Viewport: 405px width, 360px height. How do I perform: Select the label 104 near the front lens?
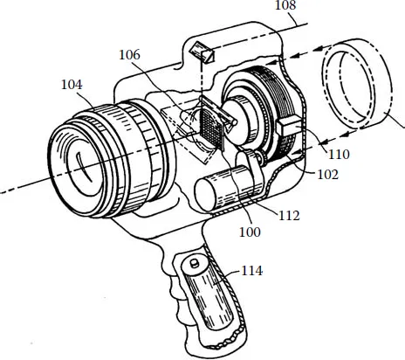tap(73, 85)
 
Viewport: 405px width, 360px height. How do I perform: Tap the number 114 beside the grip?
tap(252, 271)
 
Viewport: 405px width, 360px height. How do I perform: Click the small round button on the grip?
tap(188, 260)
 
